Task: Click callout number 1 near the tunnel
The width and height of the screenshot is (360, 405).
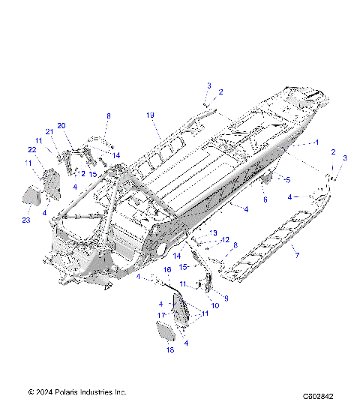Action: pyautogui.click(x=317, y=142)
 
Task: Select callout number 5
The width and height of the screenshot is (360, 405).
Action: pyautogui.click(x=286, y=179)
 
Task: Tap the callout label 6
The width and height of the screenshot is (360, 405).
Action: pyautogui.click(x=264, y=199)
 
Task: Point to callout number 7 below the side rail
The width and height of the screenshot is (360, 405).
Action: pyautogui.click(x=296, y=256)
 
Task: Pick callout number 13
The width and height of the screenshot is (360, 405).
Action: pyautogui.click(x=214, y=233)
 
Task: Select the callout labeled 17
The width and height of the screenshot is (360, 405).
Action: pyautogui.click(x=160, y=315)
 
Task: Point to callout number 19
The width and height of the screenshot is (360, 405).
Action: pyautogui.click(x=150, y=115)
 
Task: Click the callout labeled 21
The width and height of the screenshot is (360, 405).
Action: pyautogui.click(x=49, y=132)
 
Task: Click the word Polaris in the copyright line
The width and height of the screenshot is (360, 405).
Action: pyautogui.click(x=67, y=392)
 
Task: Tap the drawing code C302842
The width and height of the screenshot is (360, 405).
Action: pyautogui.click(x=318, y=395)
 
